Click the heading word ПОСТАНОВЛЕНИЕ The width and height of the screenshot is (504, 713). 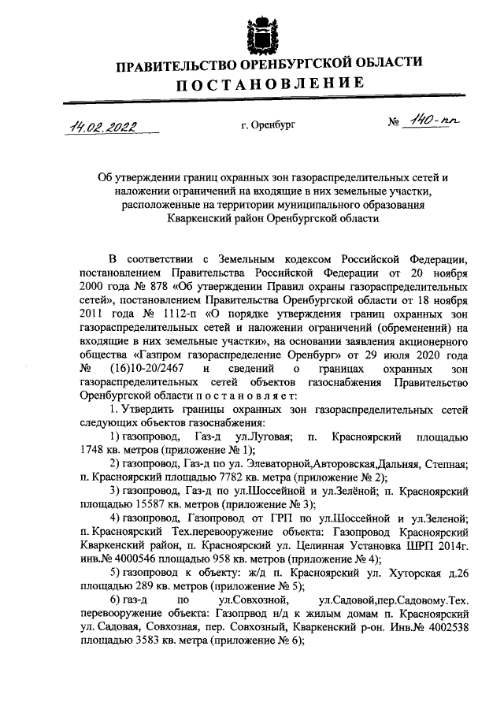269,84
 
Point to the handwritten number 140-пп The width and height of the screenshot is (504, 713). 431,121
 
